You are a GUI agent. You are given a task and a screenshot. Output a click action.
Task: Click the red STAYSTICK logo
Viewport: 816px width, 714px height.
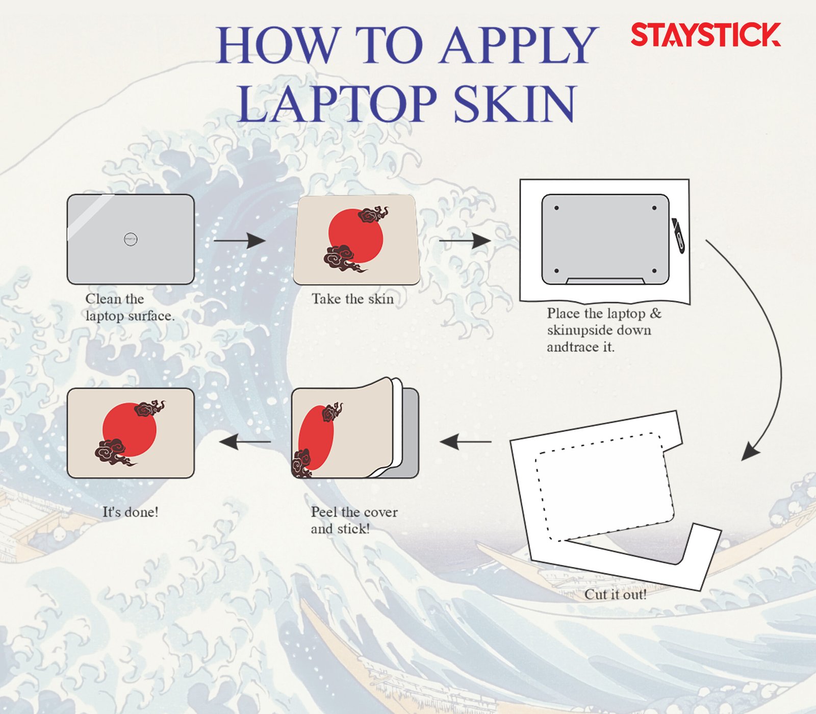coord(706,34)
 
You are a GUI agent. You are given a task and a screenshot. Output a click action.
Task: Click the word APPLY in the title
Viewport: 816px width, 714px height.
coord(519,46)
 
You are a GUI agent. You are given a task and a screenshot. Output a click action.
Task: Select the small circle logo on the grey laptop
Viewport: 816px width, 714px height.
coord(131,239)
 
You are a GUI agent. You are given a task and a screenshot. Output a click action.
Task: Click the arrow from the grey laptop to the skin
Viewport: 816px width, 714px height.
coord(240,240)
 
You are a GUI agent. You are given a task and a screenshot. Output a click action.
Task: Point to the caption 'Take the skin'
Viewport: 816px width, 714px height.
coord(353,299)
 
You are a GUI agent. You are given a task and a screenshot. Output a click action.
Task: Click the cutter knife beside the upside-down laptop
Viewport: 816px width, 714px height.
coord(678,235)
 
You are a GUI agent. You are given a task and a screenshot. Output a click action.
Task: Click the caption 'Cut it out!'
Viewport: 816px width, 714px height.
coord(616,595)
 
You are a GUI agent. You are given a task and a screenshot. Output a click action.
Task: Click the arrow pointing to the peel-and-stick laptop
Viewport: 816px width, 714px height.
coord(466,442)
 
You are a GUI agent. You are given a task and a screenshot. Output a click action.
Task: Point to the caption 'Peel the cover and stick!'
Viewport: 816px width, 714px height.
coord(354,520)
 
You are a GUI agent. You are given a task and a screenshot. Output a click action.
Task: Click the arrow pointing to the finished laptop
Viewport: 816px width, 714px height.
coord(245,442)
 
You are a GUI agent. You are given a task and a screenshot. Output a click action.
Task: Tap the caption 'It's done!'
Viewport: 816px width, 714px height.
coord(131,512)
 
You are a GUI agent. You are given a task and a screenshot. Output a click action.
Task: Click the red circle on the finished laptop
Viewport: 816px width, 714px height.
coord(130,430)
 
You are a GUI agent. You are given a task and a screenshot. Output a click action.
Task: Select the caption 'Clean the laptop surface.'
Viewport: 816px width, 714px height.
coord(130,307)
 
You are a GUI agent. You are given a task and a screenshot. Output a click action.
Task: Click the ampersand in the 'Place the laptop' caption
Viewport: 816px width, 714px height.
coord(655,313)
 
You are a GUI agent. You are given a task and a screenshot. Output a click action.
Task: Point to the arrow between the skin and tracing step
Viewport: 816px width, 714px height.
coord(465,240)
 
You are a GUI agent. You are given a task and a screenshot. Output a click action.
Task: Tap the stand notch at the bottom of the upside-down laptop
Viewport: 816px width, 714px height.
coord(605,281)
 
